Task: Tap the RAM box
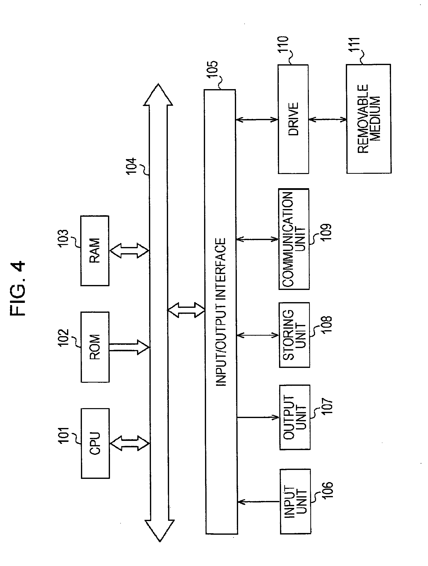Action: tap(95, 250)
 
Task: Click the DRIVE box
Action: tap(293, 119)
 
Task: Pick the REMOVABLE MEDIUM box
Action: tap(369, 119)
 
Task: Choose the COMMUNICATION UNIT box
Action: tap(294, 239)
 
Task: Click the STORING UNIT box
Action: tap(294, 335)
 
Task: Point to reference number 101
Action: tap(63, 435)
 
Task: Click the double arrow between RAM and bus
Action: tap(129, 250)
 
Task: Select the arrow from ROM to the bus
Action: tap(129, 347)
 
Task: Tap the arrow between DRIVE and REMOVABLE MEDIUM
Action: tap(327, 119)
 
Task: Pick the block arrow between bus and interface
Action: tap(186, 310)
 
